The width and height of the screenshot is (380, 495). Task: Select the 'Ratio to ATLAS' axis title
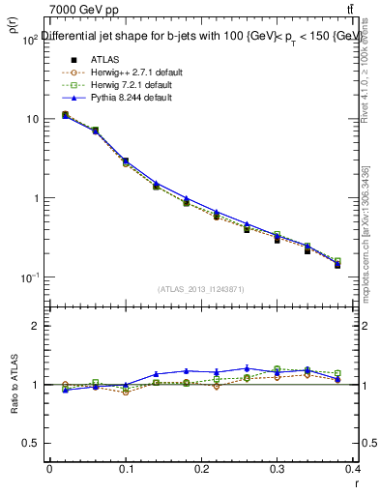(13, 385)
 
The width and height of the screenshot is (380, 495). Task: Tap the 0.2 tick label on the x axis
(201, 470)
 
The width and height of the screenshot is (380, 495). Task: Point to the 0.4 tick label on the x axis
(353, 470)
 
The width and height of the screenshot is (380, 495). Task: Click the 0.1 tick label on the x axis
(125, 470)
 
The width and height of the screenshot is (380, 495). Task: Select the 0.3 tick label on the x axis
(278, 470)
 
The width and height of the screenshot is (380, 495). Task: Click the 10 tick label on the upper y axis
(32, 119)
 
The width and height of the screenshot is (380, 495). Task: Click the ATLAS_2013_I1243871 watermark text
(201, 289)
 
